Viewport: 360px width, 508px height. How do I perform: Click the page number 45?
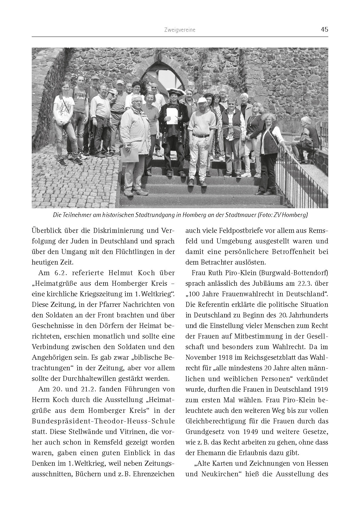click(324, 30)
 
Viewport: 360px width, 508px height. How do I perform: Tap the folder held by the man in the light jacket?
click(130, 154)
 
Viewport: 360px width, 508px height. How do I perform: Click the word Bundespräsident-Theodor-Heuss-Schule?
click(103, 421)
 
